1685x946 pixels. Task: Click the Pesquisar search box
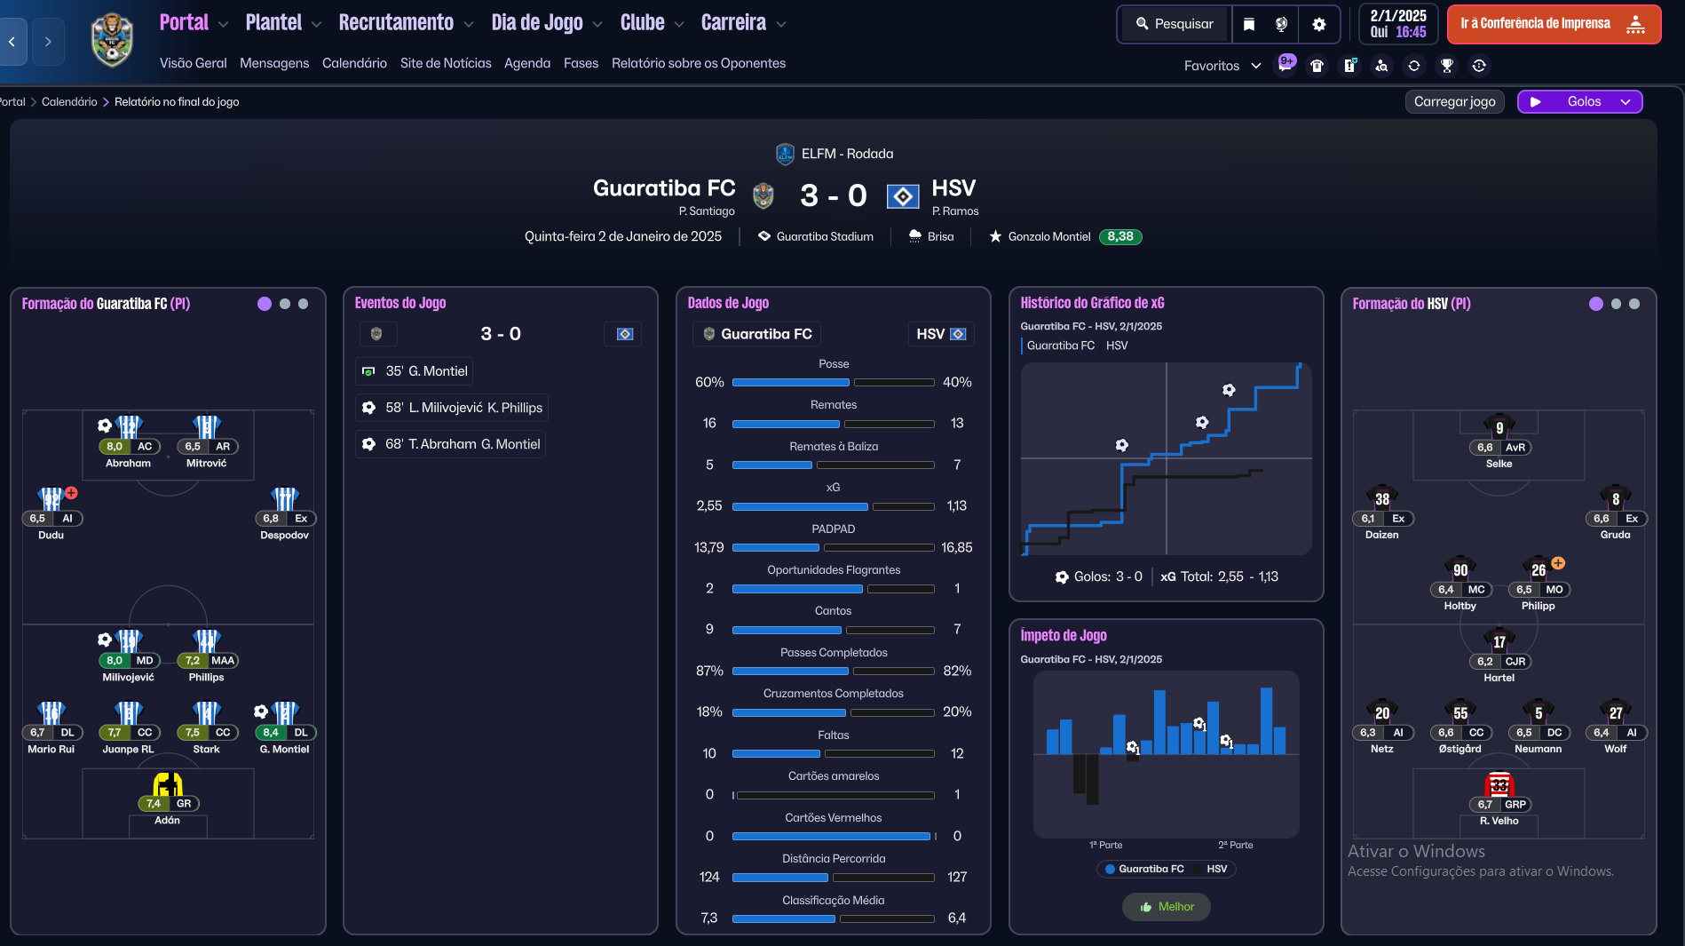tap(1175, 24)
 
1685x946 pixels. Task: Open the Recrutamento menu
tap(396, 23)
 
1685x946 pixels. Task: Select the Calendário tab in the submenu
tap(354, 63)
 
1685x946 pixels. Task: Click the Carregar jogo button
tap(1454, 101)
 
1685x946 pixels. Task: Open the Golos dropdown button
tap(1580, 101)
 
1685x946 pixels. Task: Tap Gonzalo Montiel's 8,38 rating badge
tap(1119, 236)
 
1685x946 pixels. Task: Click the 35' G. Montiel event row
tap(414, 371)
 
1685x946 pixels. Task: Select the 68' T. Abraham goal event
tap(451, 444)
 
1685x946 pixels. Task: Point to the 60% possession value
tap(709, 382)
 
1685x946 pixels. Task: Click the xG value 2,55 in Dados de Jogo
tap(709, 505)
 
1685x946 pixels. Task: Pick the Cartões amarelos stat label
tap(833, 776)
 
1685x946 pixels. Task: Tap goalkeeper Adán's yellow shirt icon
tap(168, 784)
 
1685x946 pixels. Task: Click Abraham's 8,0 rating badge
tap(115, 447)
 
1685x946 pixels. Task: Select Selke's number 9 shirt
tap(1499, 427)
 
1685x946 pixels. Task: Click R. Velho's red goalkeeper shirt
tap(1499, 784)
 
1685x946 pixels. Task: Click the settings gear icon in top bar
tap(1318, 24)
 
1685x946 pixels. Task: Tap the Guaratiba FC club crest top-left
tap(112, 40)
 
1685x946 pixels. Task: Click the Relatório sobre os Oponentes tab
tap(698, 63)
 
